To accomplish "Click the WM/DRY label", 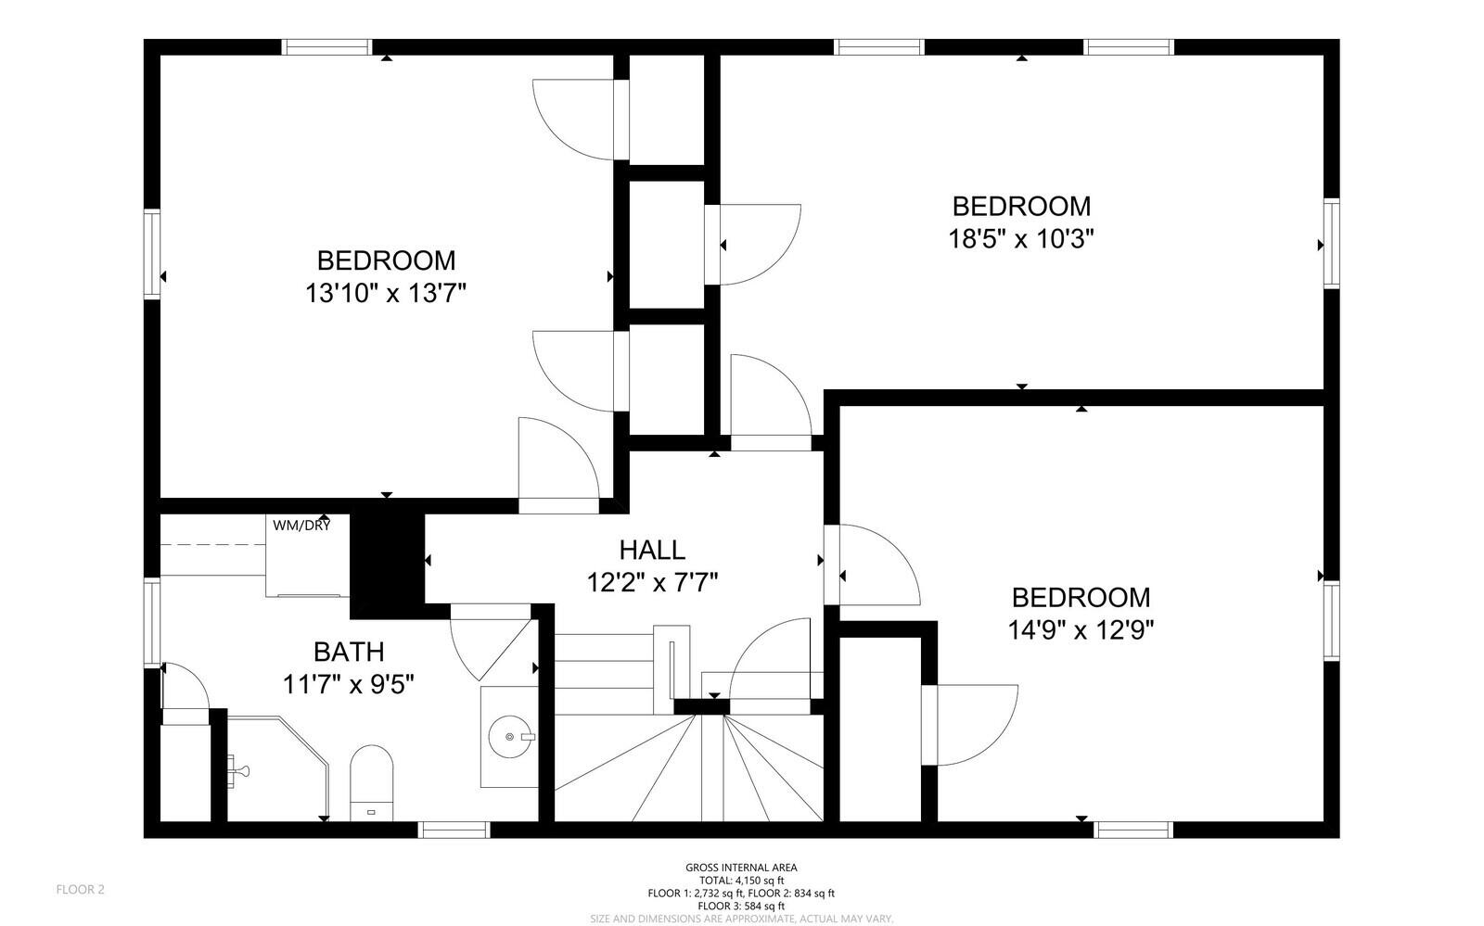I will point(301,526).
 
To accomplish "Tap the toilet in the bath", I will point(371,784).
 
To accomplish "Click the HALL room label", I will point(652,550).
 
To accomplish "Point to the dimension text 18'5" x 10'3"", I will point(1021,239).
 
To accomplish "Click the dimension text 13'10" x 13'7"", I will point(385,294).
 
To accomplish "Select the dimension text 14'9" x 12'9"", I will point(1081,630).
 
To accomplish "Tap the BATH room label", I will point(348,652).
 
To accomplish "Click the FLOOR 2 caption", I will point(81,890).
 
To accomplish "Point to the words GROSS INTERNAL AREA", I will point(741,868).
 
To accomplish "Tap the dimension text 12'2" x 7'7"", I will point(652,583).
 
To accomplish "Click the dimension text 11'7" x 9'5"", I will point(348,684).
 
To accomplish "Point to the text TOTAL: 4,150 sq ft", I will point(741,881).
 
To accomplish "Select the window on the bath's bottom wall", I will point(454,830).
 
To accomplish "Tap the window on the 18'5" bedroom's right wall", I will point(1331,244).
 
